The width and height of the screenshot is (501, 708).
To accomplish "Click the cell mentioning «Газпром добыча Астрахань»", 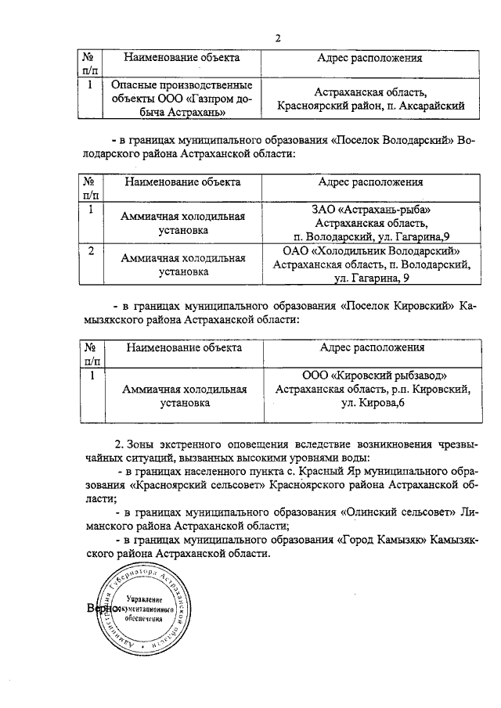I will [169, 98].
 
